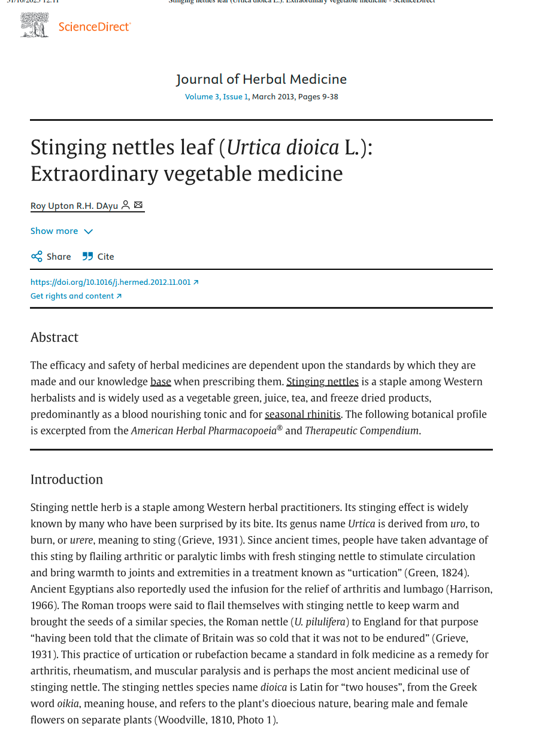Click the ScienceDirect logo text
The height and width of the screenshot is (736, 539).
(x=95, y=27)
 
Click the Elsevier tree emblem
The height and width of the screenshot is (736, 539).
(x=34, y=25)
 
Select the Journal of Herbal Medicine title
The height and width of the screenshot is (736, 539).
(x=261, y=79)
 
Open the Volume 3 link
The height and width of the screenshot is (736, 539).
(x=202, y=97)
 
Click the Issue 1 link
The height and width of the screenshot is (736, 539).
(x=235, y=97)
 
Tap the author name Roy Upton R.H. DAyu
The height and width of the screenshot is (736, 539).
(x=74, y=206)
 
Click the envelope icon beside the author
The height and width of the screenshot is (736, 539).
(x=138, y=205)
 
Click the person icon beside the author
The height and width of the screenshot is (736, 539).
(x=125, y=205)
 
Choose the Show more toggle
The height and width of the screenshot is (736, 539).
(x=62, y=231)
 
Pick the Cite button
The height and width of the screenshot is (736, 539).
(x=98, y=257)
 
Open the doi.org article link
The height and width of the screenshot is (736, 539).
(x=114, y=282)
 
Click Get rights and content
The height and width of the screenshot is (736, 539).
(x=75, y=296)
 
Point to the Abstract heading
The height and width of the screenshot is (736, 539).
(x=54, y=337)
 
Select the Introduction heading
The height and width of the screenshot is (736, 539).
(x=66, y=479)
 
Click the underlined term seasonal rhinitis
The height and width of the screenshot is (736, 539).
(x=302, y=414)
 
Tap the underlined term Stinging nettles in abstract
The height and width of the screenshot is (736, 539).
(x=322, y=382)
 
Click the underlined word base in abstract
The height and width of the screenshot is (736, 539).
(x=161, y=382)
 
